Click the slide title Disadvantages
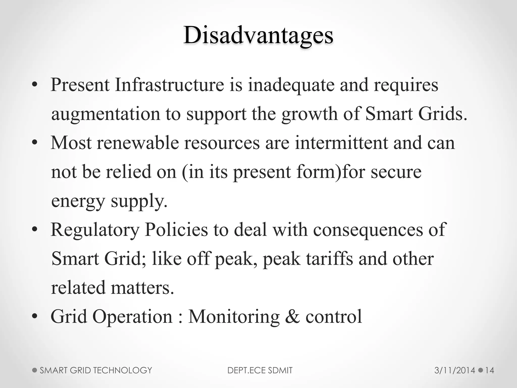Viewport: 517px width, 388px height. (x=258, y=35)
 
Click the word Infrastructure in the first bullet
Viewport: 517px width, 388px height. (x=169, y=85)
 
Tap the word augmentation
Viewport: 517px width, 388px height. (x=106, y=114)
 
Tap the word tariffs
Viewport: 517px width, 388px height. (x=329, y=259)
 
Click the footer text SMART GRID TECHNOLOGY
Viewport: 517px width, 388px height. (x=96, y=370)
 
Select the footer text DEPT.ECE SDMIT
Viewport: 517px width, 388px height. (x=260, y=370)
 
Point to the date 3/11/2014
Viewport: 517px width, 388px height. (x=455, y=370)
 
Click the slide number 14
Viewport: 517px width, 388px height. (x=489, y=370)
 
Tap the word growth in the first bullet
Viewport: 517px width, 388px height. (x=309, y=114)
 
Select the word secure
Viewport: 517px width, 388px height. (x=396, y=172)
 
